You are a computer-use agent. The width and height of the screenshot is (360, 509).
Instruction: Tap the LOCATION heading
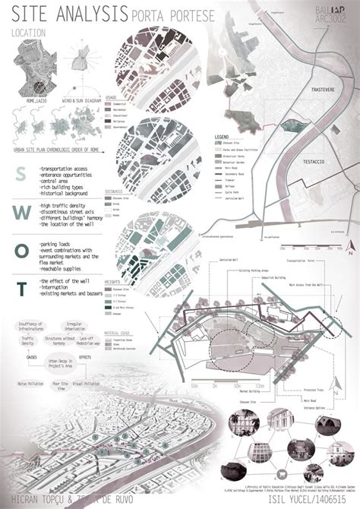30,33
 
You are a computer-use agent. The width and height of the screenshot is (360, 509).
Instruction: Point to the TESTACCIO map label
305,161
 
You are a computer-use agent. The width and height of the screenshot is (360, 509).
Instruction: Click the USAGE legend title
112,96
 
